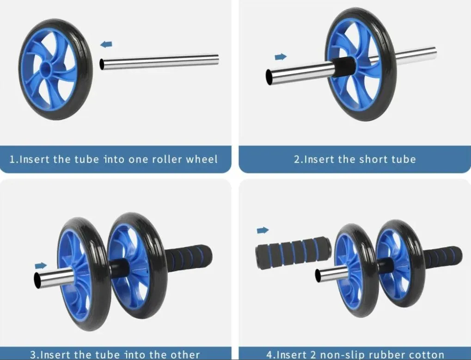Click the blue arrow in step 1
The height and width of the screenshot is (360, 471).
[106, 44]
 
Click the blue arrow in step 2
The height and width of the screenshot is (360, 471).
[281, 56]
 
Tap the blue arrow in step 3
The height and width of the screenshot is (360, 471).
[41, 265]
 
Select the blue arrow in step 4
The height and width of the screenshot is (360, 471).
[263, 230]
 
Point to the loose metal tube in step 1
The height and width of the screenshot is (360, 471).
[159, 61]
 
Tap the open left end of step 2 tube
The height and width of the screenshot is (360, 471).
[269, 77]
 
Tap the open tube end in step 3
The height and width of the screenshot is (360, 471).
[37, 280]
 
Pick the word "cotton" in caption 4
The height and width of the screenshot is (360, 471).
[425, 354]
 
